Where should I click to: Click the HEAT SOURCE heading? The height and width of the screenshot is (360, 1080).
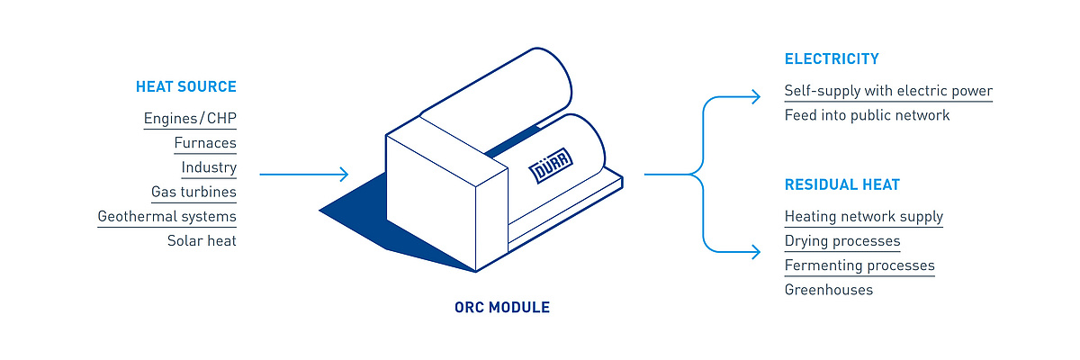[x=186, y=86]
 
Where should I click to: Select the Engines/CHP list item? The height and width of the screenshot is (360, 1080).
[x=190, y=118]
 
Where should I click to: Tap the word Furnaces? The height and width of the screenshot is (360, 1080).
[x=205, y=143]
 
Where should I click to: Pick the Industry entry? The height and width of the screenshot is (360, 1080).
[x=209, y=167]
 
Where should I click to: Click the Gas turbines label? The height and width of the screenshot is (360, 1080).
[x=193, y=192]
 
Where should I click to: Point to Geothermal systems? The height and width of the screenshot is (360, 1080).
[x=166, y=216]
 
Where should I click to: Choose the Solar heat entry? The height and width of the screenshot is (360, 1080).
[x=202, y=240]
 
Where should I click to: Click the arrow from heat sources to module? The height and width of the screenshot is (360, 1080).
[x=304, y=174]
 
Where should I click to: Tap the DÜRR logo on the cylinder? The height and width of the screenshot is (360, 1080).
[x=551, y=166]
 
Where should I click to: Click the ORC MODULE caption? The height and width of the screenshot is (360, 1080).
[x=502, y=308]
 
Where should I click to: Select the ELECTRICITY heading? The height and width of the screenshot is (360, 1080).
[x=832, y=58]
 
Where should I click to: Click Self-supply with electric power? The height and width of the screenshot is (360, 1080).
[x=888, y=91]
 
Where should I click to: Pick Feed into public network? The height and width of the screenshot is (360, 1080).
[x=867, y=115]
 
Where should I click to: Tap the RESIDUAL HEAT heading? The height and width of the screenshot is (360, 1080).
[x=841, y=184]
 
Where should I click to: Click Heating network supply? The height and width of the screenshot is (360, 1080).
[x=863, y=216]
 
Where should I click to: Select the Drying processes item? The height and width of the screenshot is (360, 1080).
[x=842, y=241]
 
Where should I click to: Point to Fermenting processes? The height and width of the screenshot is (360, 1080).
[x=859, y=265]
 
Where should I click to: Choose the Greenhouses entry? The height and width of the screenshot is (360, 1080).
[x=828, y=290]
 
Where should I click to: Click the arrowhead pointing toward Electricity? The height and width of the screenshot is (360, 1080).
[x=756, y=97]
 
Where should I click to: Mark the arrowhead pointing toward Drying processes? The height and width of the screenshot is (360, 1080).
[x=756, y=252]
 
